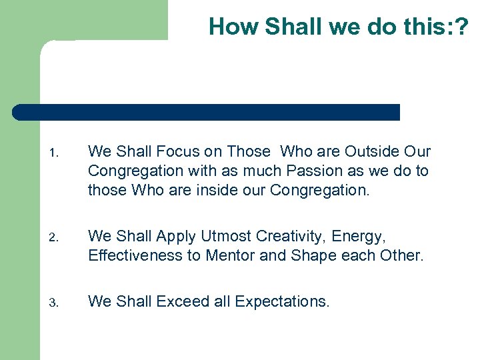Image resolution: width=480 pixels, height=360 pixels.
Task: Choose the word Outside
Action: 368,152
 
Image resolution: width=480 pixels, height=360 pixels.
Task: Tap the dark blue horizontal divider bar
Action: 207,112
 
